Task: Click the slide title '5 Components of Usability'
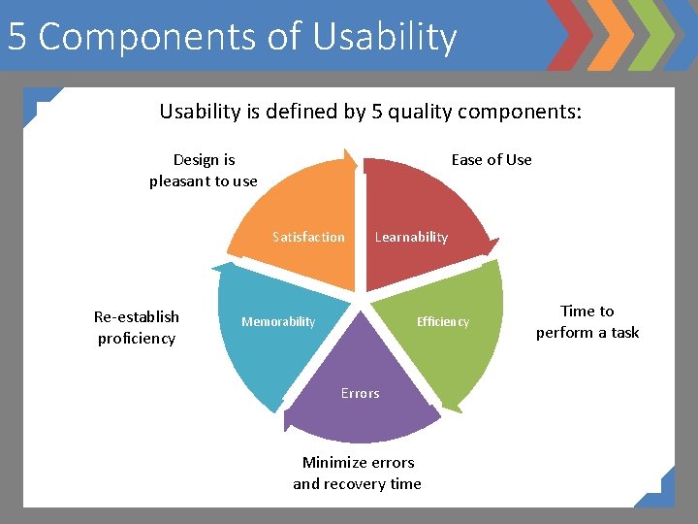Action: coord(232,37)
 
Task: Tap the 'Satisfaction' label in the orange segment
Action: coord(308,237)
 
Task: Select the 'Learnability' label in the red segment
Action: coord(411,237)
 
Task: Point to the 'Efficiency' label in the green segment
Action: coord(442,322)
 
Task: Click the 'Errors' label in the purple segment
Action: coord(360,393)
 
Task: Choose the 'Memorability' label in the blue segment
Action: coord(278,322)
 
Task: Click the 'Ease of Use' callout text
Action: coord(492,160)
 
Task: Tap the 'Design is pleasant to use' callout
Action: coord(204,170)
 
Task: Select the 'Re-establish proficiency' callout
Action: coord(137,327)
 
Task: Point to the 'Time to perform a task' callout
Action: coord(587,321)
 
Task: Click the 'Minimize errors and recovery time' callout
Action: coord(358,473)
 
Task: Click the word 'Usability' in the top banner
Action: coord(385,37)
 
